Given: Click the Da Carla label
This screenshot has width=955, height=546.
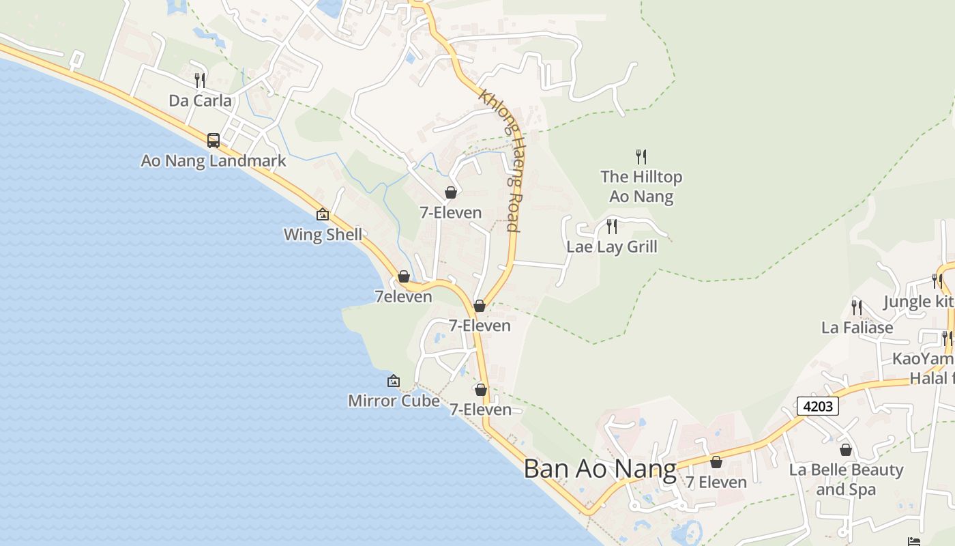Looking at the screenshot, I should click(x=200, y=101).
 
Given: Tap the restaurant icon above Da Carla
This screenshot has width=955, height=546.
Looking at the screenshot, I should click(x=200, y=80).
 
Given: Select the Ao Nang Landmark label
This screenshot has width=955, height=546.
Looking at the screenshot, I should click(x=214, y=161).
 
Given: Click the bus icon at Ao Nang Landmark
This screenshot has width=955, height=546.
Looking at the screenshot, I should click(x=214, y=141).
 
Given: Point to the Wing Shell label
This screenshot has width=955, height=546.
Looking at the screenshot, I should click(x=323, y=235).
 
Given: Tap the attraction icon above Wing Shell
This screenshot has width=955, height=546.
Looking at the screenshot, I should click(x=323, y=214).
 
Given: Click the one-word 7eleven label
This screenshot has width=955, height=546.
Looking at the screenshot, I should click(x=403, y=297).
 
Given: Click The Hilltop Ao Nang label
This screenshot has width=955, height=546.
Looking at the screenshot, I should click(x=641, y=186).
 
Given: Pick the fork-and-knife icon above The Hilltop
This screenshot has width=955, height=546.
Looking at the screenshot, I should click(x=641, y=157).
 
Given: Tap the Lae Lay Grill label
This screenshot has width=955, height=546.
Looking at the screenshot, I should click(x=612, y=246).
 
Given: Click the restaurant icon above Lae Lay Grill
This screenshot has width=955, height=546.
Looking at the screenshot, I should click(x=612, y=226).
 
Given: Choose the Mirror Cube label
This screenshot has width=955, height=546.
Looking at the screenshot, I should click(x=394, y=401).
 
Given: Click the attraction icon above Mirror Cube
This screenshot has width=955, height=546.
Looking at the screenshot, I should click(x=394, y=381).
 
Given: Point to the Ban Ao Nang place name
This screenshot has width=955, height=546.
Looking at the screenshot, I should click(x=600, y=470).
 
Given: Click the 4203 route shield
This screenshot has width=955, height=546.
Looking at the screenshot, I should click(x=818, y=406).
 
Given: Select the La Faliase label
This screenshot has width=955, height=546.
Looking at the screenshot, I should click(x=857, y=328).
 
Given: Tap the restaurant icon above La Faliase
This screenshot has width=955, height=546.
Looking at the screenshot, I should click(x=857, y=308).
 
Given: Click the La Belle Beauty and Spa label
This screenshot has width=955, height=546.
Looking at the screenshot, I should click(x=846, y=480).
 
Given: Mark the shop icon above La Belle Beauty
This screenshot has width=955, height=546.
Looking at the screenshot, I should click(x=846, y=450).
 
